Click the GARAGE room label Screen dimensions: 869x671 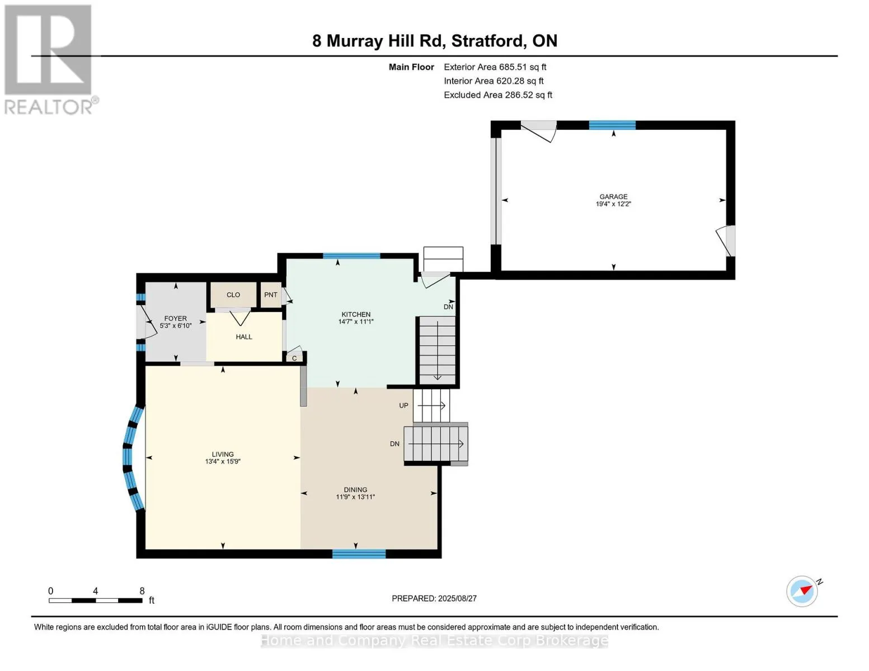613,197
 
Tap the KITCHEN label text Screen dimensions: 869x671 355,314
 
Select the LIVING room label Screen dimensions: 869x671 223,454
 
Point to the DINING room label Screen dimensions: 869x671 355,490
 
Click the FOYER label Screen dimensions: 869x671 176,319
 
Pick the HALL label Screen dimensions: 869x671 244,337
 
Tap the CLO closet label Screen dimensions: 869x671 233,295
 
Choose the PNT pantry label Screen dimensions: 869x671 271,295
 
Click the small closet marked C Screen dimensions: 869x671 294,358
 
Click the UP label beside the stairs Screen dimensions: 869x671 403,405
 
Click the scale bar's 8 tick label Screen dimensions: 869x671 142,590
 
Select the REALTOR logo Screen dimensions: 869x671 50,60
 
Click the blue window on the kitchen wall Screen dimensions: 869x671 351,256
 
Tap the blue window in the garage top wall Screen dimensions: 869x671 612,125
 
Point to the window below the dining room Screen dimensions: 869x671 359,554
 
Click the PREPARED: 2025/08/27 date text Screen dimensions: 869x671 434,598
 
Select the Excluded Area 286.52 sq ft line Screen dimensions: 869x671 498,95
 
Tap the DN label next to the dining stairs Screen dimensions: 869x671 394,443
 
